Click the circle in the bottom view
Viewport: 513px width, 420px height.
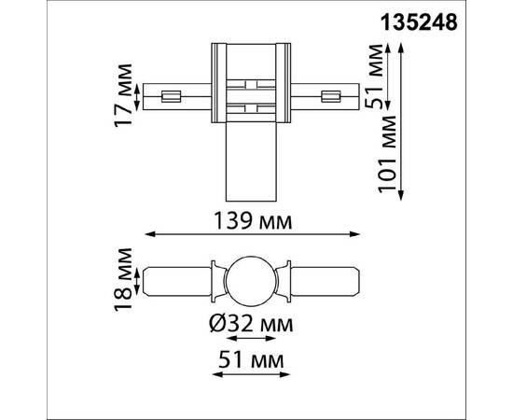[249, 279]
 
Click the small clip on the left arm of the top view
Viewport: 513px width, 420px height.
[170, 95]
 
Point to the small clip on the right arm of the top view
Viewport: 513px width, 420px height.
[330, 95]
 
